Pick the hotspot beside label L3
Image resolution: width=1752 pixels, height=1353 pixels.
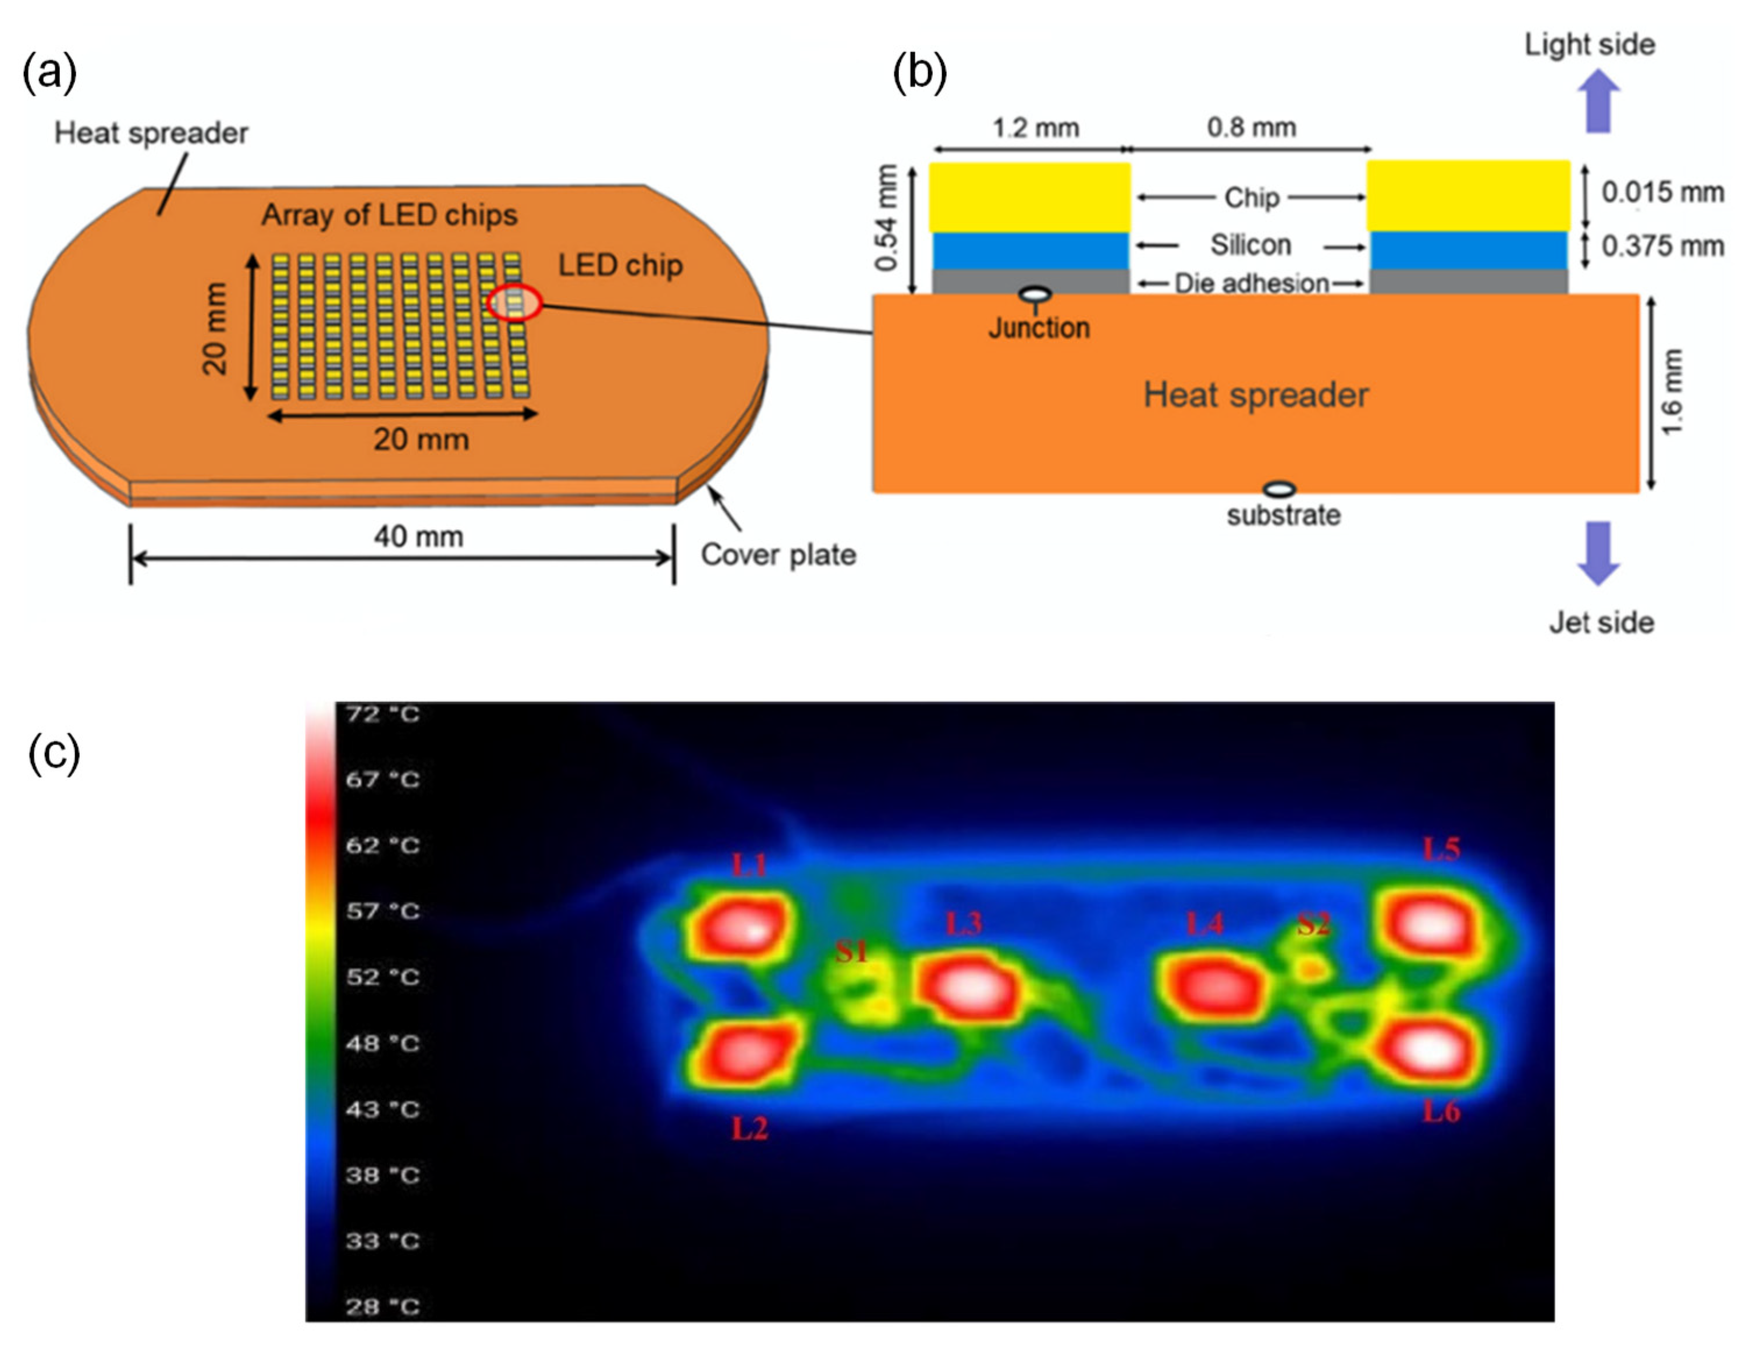(969, 987)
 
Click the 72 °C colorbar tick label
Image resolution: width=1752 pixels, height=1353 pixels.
(383, 714)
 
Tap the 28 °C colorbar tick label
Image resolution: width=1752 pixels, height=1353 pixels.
(383, 1306)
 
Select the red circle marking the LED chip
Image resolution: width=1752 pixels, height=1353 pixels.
(514, 303)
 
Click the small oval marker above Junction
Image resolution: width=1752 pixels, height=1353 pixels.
(1035, 294)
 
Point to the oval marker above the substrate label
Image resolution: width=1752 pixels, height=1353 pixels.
(1279, 489)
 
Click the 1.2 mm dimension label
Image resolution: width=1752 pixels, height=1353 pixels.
(1036, 127)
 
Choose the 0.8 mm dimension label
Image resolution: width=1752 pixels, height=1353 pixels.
(1252, 127)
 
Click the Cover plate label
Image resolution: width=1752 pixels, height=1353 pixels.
(778, 554)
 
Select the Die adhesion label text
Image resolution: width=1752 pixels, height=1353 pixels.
(1252, 283)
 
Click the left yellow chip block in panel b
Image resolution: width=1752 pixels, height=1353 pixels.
(1030, 197)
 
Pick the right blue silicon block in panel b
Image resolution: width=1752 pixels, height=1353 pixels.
(1468, 250)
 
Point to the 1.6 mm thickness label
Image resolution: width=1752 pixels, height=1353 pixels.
(1672, 392)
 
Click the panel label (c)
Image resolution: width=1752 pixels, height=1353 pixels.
(54, 753)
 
